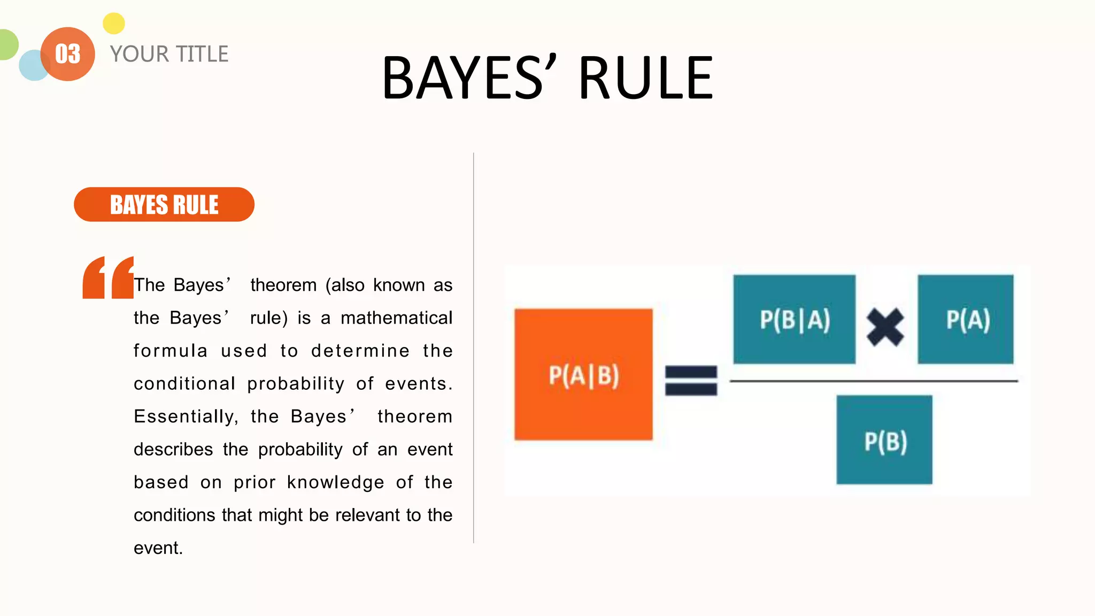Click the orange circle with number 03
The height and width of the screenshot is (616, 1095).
(68, 54)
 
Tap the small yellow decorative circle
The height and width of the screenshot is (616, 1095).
(113, 24)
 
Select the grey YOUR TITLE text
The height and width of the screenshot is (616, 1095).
(169, 54)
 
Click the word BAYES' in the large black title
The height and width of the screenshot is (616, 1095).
(469, 79)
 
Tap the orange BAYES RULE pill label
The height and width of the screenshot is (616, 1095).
(164, 204)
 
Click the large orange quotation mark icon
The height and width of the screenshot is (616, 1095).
(107, 278)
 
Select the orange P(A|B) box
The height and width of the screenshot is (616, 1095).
(583, 374)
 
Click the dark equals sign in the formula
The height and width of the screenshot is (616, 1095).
(691, 380)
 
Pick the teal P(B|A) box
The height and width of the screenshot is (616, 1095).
(794, 319)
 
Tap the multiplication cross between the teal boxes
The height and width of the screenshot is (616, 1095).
(885, 327)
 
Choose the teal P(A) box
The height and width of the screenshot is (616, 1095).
(966, 319)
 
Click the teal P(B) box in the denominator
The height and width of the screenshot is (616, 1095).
(884, 440)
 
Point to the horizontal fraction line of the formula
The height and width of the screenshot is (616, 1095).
(874, 381)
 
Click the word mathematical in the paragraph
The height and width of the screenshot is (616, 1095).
(396, 318)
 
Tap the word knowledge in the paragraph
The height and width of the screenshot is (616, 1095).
(335, 482)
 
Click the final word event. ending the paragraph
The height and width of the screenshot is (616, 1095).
(158, 548)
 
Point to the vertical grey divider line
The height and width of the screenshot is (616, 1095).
(474, 348)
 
